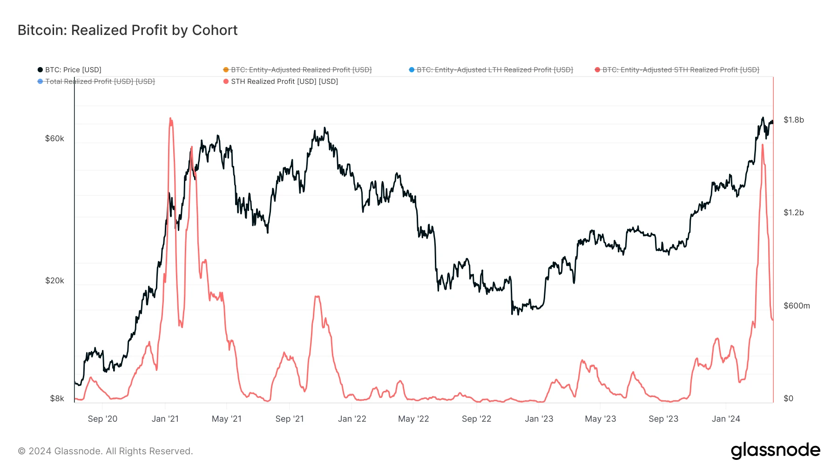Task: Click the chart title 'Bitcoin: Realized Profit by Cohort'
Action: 128,30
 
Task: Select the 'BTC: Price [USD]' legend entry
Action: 73,70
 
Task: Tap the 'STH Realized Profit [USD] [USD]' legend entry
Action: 284,82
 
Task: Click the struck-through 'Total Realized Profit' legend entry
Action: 100,82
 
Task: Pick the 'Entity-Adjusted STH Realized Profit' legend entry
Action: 680,70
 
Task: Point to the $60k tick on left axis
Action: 54,138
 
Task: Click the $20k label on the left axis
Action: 54,280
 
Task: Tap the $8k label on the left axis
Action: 57,398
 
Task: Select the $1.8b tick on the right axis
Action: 793,120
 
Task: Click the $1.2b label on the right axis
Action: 793,212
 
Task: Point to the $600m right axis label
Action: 796,306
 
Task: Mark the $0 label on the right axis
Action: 788,398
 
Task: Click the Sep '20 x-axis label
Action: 102,419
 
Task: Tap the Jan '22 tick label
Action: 352,419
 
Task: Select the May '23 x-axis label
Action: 600,419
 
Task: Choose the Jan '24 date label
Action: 725,419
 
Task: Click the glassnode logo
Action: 775,451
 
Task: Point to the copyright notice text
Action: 105,451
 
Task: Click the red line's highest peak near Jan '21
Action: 170,119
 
